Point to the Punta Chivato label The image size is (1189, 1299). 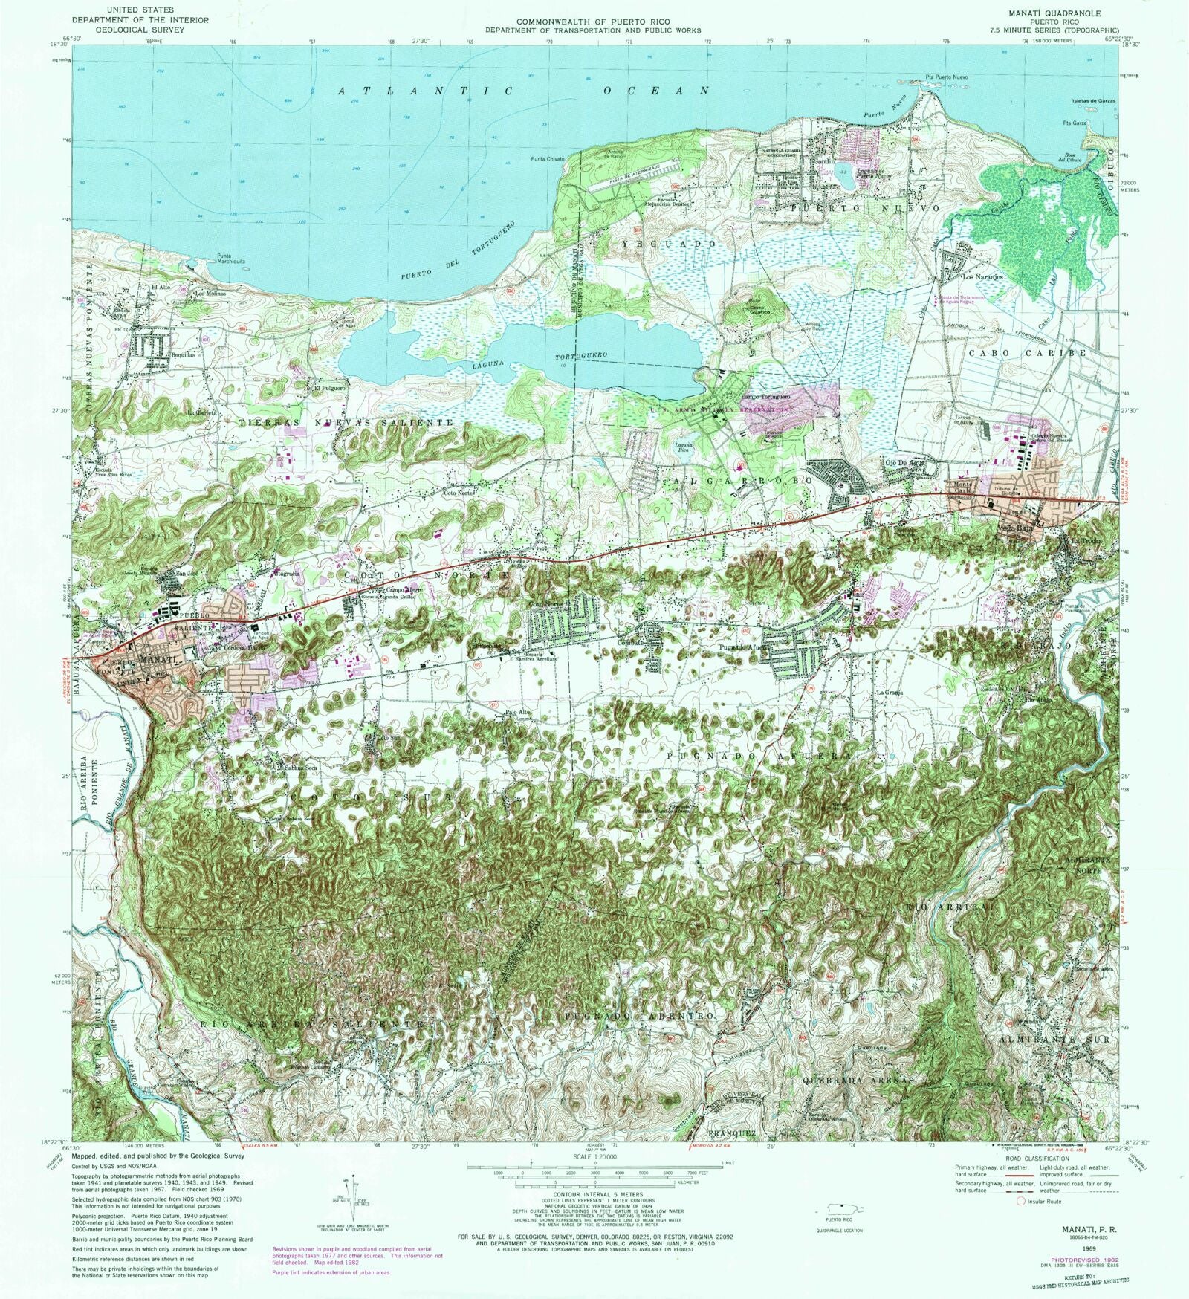[x=548, y=159]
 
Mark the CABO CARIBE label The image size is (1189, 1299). [x=1027, y=353]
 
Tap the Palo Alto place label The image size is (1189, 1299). [x=518, y=713]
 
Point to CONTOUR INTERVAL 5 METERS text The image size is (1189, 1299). [x=592, y=1193]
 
